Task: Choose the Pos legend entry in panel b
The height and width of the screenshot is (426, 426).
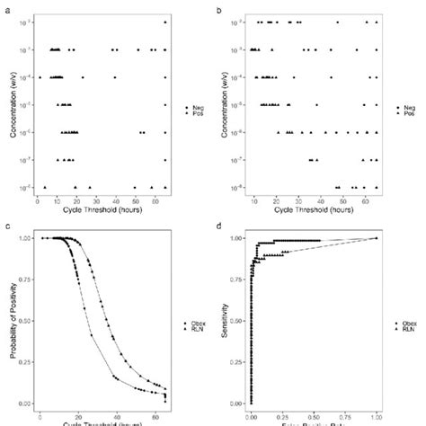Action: point(403,115)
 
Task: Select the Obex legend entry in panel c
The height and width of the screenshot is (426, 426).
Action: point(191,322)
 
